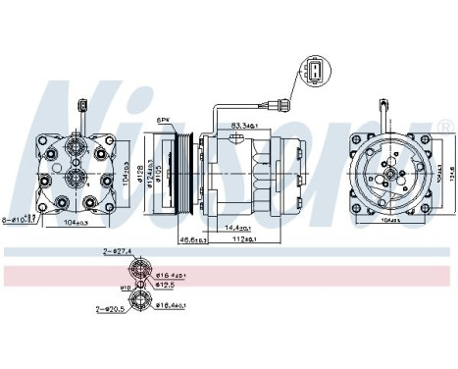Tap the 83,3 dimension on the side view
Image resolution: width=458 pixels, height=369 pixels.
coord(244,125)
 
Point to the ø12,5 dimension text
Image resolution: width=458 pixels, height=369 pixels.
coord(167,287)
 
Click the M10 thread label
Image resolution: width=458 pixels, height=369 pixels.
coord(125,288)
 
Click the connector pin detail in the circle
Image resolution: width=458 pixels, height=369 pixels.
coord(313,75)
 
